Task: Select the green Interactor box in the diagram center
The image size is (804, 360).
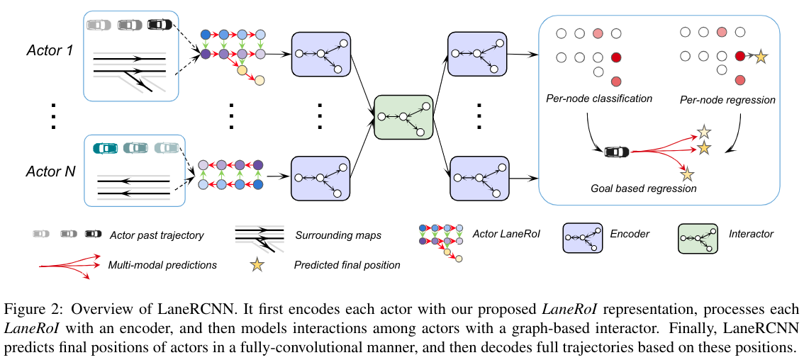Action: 403,117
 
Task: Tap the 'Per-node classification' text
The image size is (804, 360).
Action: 599,99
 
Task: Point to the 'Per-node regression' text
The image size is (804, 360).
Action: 727,100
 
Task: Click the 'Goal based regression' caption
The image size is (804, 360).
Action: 644,189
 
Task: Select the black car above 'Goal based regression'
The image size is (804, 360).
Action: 615,151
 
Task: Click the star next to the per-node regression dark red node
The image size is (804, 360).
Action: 761,56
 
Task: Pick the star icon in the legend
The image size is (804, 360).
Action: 256,265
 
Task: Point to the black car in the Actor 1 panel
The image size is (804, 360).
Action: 160,25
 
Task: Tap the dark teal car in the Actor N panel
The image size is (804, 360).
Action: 105,148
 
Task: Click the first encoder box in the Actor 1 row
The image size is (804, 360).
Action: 322,54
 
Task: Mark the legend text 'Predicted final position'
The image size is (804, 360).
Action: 347,265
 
